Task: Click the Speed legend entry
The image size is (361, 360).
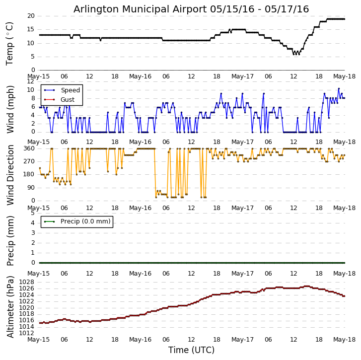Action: (70, 90)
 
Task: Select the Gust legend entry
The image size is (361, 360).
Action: (69, 99)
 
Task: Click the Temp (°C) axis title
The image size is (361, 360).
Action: (10, 43)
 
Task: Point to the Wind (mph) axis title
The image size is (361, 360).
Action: (10, 109)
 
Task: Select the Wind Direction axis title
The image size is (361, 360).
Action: (10, 175)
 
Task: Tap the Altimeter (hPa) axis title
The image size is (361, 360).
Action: (10, 306)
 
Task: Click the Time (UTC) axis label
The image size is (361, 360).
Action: (191, 350)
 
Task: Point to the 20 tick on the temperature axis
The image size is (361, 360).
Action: (31, 16)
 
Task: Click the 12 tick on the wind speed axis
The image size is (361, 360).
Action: (31, 81)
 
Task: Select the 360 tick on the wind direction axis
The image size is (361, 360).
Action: (29, 148)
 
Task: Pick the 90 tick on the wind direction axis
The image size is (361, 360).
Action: (31, 188)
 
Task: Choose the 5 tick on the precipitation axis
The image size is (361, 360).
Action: (33, 213)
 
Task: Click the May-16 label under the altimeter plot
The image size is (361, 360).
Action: (141, 340)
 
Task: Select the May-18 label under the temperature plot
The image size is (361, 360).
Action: (344, 77)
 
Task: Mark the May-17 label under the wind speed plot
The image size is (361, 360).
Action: (242, 142)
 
